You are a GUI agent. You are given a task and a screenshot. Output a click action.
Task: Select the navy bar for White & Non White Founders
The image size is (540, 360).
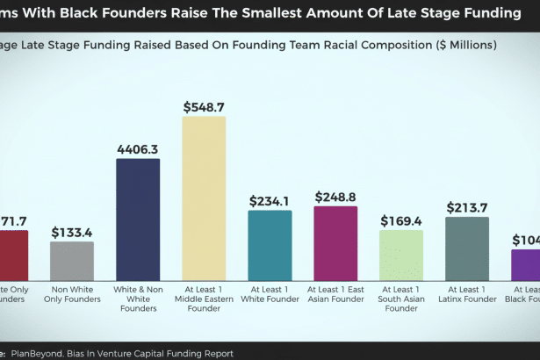tap(138, 220)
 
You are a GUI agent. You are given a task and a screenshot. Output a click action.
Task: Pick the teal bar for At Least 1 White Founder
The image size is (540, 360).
tap(270, 245)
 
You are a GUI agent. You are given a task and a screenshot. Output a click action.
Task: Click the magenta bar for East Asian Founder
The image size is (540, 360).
tap(335, 243)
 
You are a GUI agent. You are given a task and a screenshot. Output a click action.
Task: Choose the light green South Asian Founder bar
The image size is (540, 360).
tap(401, 255)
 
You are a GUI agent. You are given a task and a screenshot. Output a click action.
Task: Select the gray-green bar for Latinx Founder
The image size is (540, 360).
tap(467, 248)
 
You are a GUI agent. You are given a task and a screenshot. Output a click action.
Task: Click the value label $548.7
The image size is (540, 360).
tap(204, 106)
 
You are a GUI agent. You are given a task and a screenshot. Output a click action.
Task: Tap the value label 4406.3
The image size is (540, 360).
tap(138, 149)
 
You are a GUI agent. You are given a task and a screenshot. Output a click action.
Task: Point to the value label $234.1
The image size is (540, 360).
tap(270, 201)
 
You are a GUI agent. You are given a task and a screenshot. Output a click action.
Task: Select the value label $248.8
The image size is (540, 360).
tap(335, 197)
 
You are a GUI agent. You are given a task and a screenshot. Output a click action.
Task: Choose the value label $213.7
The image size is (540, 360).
tap(467, 207)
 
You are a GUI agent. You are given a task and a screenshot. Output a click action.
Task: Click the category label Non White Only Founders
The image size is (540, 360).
tap(72, 293)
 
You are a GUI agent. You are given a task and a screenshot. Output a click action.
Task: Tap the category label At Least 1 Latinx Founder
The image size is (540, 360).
tap(467, 293)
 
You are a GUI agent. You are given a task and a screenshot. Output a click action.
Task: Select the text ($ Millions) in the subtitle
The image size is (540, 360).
tap(457, 44)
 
